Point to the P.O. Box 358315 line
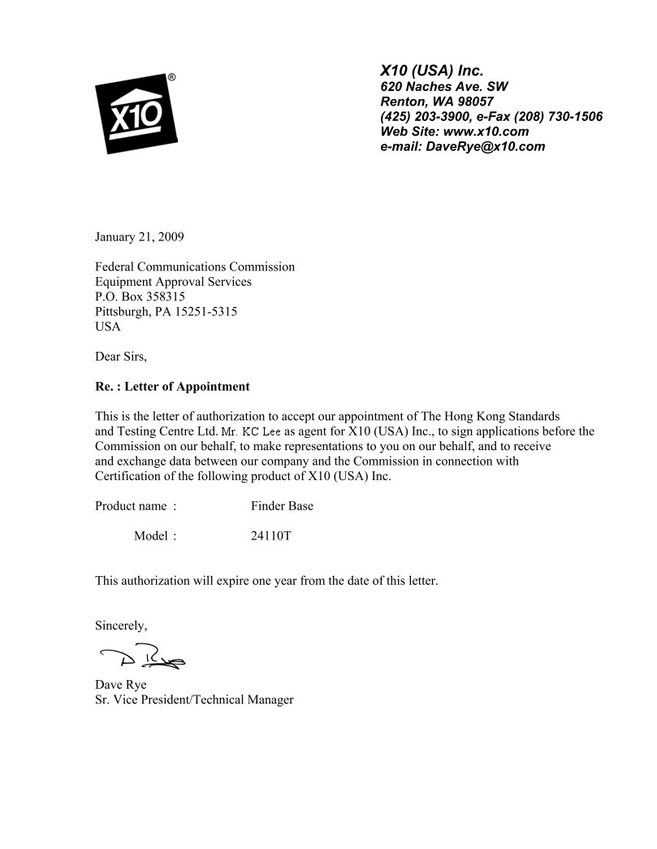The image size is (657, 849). point(140,297)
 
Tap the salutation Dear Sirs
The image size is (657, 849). point(121,356)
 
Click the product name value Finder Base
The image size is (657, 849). point(282,506)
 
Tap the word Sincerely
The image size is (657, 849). point(121,626)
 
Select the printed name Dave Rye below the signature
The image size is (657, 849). point(121,685)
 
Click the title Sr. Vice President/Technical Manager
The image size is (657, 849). point(194,700)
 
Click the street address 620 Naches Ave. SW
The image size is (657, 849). point(445,87)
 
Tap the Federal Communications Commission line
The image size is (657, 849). point(195,266)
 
